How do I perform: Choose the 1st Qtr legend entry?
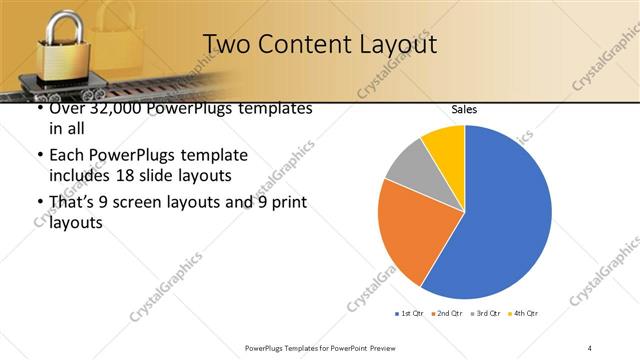tap(411, 314)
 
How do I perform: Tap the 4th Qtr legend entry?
tap(525, 314)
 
